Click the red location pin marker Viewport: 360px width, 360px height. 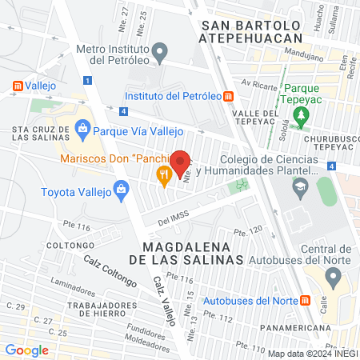coord(181,162)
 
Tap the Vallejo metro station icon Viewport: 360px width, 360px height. coord(18,85)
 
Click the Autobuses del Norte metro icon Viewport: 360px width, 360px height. coord(304,301)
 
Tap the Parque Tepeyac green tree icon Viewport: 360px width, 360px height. coord(301,116)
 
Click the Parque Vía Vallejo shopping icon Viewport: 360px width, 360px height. coord(82,128)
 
